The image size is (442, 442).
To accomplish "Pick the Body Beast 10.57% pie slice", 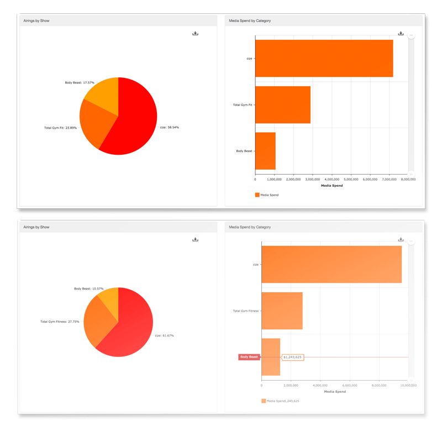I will [109, 297].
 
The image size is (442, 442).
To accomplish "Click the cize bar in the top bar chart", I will [323, 58].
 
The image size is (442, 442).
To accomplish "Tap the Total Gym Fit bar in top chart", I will [282, 104].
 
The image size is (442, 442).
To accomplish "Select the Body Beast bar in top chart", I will [265, 151].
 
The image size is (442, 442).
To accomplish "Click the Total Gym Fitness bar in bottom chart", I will [282, 311].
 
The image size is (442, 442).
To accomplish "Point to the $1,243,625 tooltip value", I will [292, 357].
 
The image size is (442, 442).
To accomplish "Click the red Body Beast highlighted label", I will [249, 357].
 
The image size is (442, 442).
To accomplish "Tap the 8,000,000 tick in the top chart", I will [408, 180].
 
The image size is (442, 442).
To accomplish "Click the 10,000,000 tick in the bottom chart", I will [408, 385].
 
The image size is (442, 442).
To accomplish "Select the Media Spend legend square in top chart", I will [257, 194].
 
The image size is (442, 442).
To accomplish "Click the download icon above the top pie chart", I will [195, 34].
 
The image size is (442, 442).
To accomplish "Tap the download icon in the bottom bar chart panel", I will [401, 239].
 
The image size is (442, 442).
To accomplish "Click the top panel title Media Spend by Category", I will [250, 20].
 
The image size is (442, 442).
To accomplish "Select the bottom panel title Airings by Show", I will [36, 227].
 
